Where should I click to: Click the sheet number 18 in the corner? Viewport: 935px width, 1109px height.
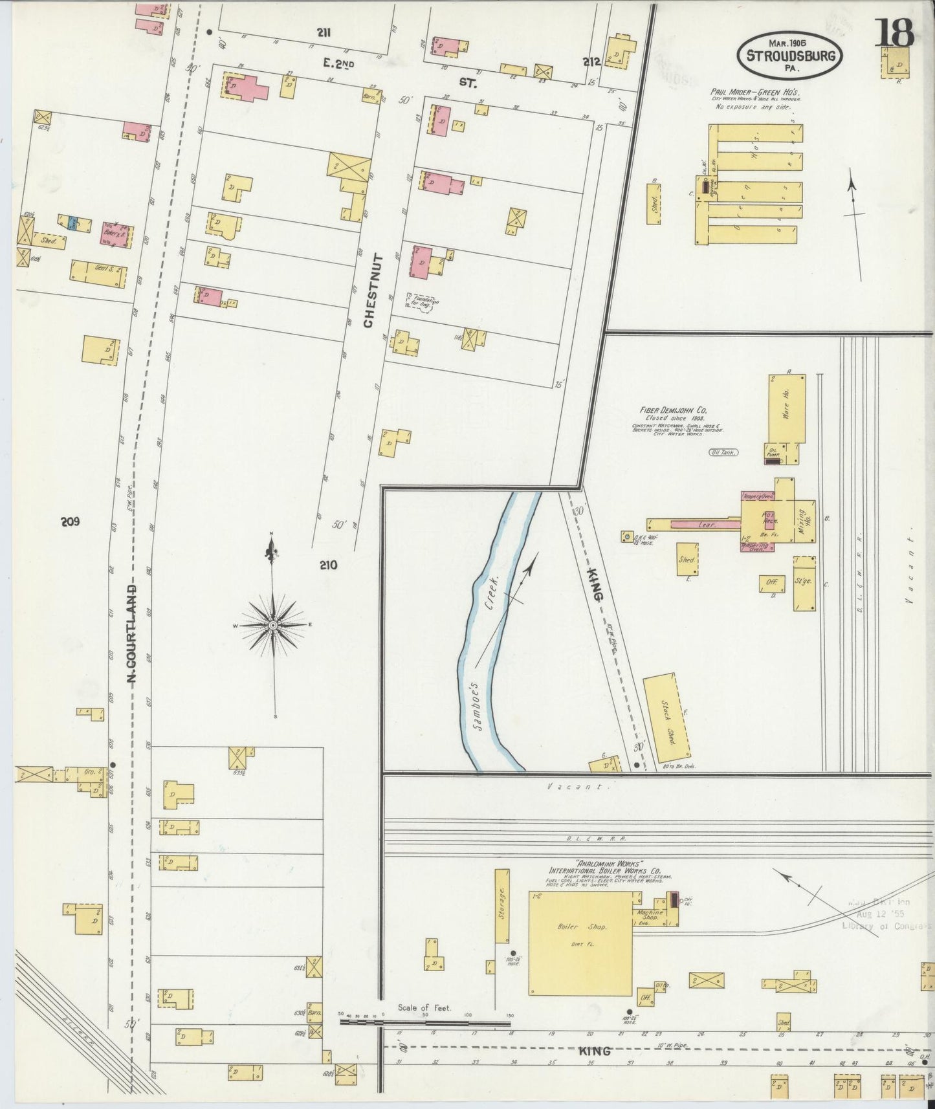pyautogui.click(x=895, y=32)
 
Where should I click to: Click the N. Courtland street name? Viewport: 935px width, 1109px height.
pyautogui.click(x=132, y=634)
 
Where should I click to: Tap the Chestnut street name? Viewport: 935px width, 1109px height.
pyautogui.click(x=370, y=291)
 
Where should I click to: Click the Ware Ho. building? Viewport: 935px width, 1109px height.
pyautogui.click(x=787, y=408)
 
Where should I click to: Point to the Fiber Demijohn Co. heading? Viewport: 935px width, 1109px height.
pyautogui.click(x=673, y=410)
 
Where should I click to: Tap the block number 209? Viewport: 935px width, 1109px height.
pyautogui.click(x=70, y=522)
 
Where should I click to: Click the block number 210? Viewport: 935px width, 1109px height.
pyautogui.click(x=328, y=565)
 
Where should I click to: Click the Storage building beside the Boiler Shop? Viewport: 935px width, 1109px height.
pyautogui.click(x=503, y=906)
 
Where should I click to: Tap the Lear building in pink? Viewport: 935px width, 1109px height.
pyautogui.click(x=706, y=525)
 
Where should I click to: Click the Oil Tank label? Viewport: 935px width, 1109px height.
pyautogui.click(x=723, y=453)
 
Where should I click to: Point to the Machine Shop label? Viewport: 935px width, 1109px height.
pyautogui.click(x=650, y=914)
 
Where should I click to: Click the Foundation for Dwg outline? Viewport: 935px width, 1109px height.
pyautogui.click(x=421, y=302)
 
